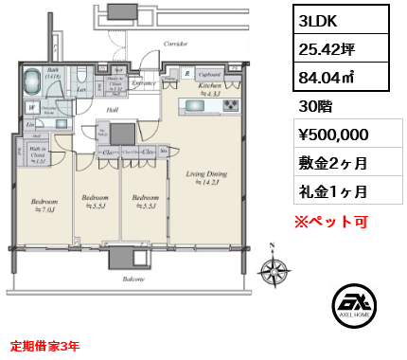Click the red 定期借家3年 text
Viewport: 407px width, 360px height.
(x=44, y=347)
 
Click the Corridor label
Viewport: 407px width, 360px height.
(x=174, y=44)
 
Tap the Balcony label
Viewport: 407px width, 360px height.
(x=133, y=280)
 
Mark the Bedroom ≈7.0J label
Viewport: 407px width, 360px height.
(x=45, y=206)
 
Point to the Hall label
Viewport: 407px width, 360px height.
(x=112, y=111)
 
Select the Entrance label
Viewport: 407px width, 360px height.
(x=144, y=83)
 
